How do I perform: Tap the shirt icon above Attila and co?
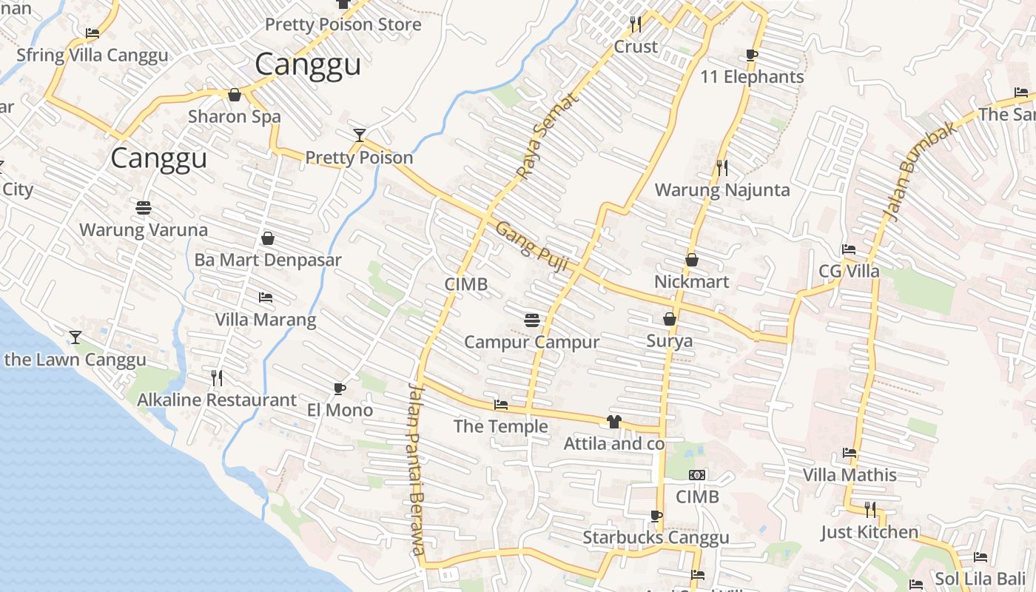click(x=613, y=422)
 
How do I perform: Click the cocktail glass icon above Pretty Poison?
click(x=360, y=135)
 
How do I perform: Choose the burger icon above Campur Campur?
click(x=531, y=320)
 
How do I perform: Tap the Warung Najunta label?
click(x=722, y=190)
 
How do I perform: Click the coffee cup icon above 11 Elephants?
click(x=752, y=55)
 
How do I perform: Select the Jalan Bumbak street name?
click(x=911, y=171)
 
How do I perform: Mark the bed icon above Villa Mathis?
click(x=850, y=453)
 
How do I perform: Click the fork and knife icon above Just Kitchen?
click(x=870, y=509)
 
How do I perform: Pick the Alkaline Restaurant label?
click(x=217, y=400)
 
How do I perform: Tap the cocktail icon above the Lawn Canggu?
click(x=75, y=337)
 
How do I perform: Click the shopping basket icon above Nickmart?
click(x=692, y=260)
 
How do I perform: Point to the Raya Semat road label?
click(x=535, y=140)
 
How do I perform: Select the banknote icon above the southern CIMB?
click(x=697, y=475)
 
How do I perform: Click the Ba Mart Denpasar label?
click(x=268, y=260)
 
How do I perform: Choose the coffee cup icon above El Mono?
click(x=340, y=388)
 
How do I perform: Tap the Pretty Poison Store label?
click(x=343, y=24)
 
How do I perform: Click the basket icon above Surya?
click(x=670, y=319)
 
